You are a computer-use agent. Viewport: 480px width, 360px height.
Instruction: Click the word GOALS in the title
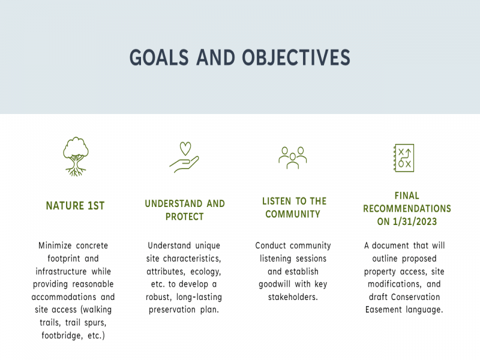coord(159,58)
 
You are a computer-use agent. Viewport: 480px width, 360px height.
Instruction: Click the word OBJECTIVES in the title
coord(296,58)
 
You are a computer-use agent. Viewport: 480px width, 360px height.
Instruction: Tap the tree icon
coord(76,157)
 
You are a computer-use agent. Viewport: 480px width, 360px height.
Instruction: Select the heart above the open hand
coord(185,148)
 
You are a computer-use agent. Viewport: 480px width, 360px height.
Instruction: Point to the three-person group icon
coord(293,158)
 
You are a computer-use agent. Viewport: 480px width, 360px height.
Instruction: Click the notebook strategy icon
coord(404,158)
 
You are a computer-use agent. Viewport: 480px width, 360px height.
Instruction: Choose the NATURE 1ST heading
coord(76,206)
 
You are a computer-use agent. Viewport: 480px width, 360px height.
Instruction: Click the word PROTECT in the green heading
coord(185,217)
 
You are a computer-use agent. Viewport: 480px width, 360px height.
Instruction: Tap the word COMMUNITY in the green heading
coord(293,214)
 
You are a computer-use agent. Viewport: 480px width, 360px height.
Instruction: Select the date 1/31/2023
coord(415,221)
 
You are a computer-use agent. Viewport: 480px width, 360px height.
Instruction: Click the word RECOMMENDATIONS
coord(407,209)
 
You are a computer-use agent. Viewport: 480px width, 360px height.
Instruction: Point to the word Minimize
coord(55,245)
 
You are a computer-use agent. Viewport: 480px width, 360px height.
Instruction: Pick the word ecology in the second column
coord(205,272)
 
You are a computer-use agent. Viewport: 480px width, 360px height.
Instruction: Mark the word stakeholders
coord(293,297)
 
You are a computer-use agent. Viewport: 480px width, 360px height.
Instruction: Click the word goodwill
coord(274,284)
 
